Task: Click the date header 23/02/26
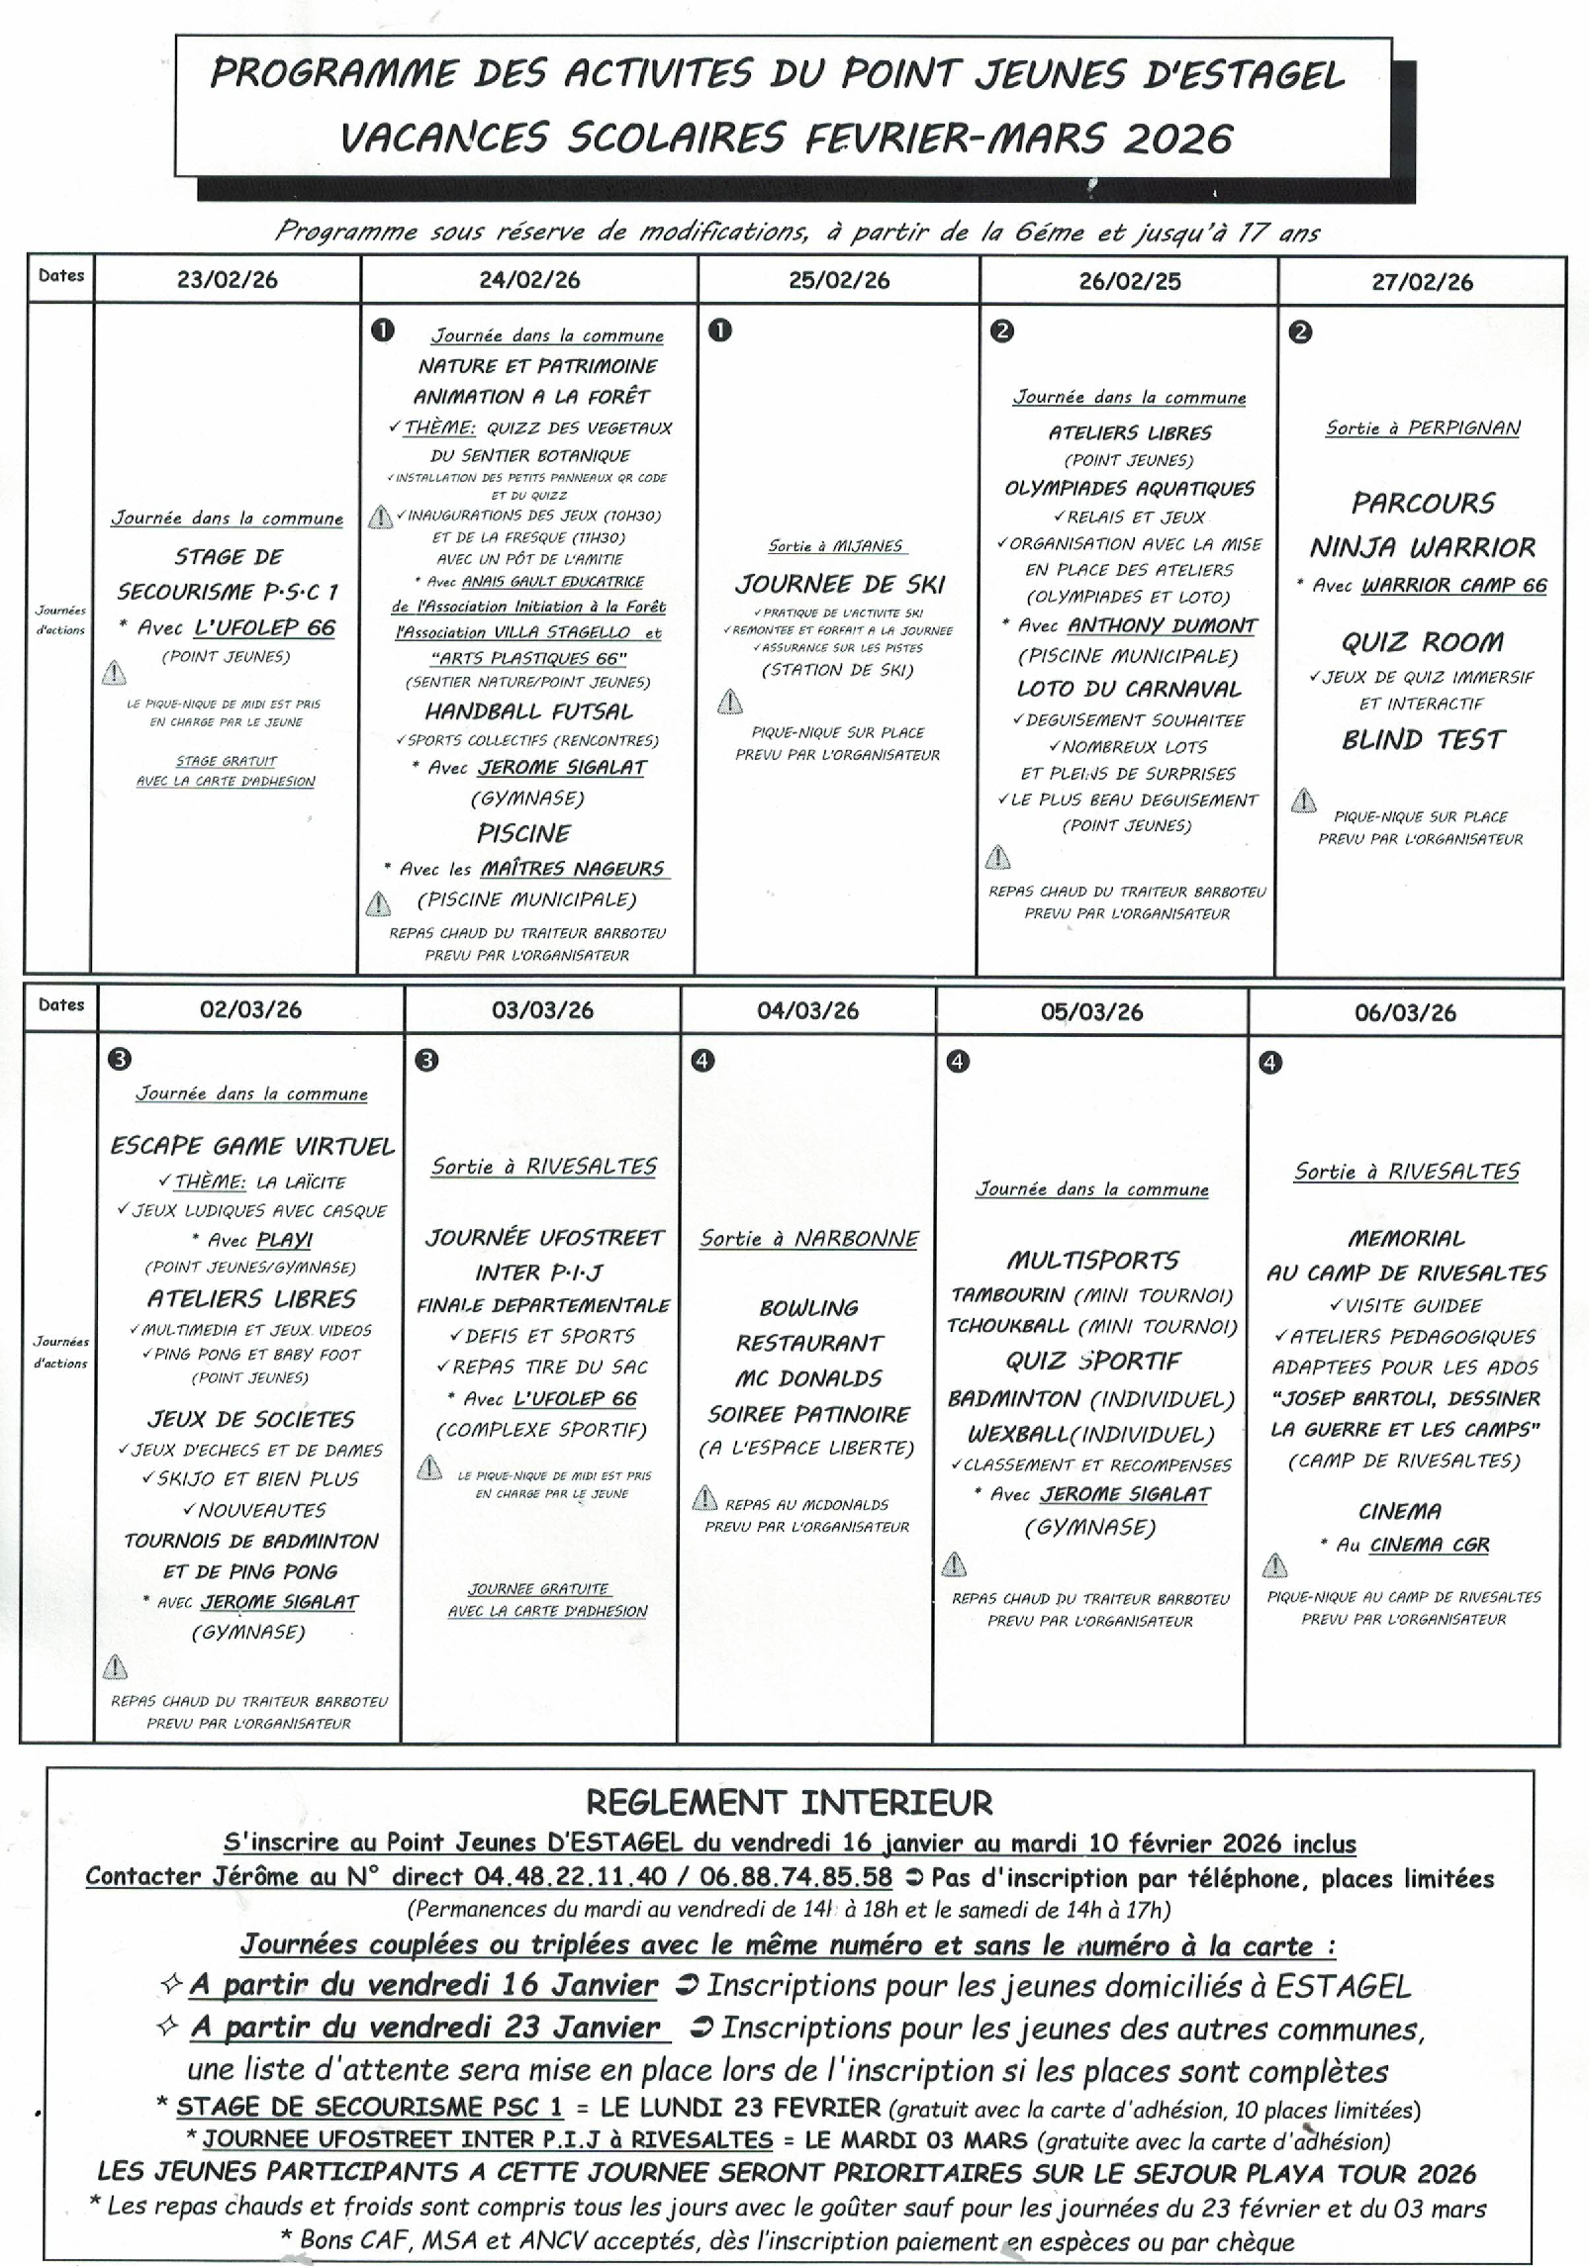(x=228, y=280)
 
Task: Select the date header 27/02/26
(x=1422, y=282)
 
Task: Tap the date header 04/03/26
(x=807, y=1010)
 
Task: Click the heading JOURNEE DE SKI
(x=840, y=585)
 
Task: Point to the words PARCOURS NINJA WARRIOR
(x=1423, y=524)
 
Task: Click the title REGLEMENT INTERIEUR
(x=789, y=1802)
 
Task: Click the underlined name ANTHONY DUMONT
(x=1163, y=625)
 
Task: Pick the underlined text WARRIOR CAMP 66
(x=1454, y=585)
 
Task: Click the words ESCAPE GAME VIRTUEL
(x=252, y=1146)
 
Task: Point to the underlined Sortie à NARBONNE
(x=809, y=1239)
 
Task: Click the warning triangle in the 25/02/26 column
(x=729, y=702)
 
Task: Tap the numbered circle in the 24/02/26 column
(x=382, y=330)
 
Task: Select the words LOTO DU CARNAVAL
(x=1129, y=689)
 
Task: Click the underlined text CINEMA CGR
(x=1429, y=1545)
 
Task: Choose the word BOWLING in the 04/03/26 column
(x=808, y=1308)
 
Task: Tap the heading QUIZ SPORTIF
(x=1092, y=1362)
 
